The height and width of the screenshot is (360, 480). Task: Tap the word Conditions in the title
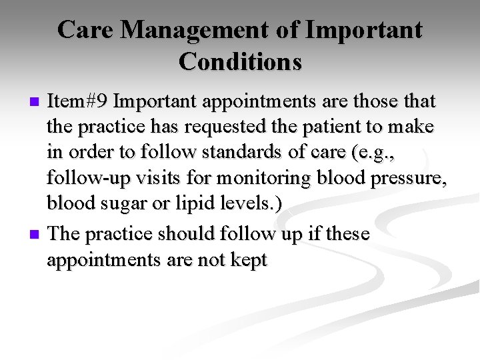click(240, 61)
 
